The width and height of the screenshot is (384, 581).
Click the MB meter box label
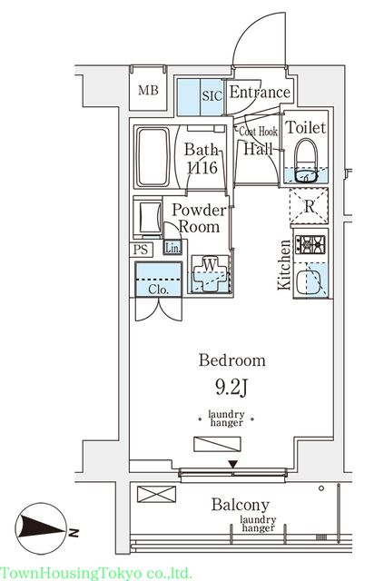pyautogui.click(x=148, y=90)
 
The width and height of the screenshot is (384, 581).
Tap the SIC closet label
pyautogui.click(x=212, y=96)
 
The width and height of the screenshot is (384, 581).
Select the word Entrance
pyautogui.click(x=260, y=92)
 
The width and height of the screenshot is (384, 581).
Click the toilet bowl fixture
pyautogui.click(x=305, y=161)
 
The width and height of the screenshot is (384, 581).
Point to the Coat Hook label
pyautogui.click(x=258, y=131)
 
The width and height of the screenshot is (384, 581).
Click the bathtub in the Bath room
pyautogui.click(x=153, y=157)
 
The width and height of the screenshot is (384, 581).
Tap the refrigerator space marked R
pyautogui.click(x=310, y=206)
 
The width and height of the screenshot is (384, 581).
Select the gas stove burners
pyautogui.click(x=310, y=244)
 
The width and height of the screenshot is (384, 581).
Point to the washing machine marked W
pyautogui.click(x=210, y=273)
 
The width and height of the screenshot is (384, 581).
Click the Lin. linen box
pyautogui.click(x=172, y=248)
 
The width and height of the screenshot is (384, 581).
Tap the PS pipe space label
pyautogui.click(x=141, y=250)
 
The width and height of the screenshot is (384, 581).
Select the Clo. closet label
pyautogui.click(x=159, y=289)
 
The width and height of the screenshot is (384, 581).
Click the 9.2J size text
pyautogui.click(x=231, y=388)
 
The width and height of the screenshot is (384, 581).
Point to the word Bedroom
pyautogui.click(x=232, y=360)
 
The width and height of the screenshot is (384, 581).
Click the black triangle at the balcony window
pyautogui.click(x=232, y=464)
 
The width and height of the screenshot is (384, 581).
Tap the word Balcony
pyautogui.click(x=241, y=505)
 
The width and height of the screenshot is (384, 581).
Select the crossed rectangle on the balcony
pyautogui.click(x=156, y=494)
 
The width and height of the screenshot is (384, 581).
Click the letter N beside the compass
pyautogui.click(x=74, y=533)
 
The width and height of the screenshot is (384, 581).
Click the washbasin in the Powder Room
pyautogui.click(x=148, y=218)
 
